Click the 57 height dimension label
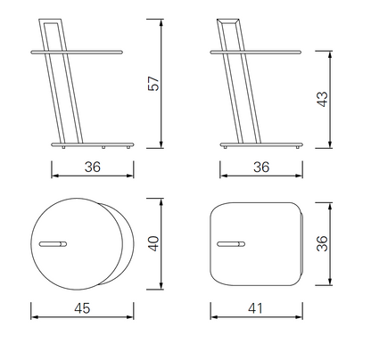pyautogui.click(x=153, y=84)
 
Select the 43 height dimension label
pyautogui.click(x=322, y=99)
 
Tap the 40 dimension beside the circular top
pyautogui.click(x=153, y=243)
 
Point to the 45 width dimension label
pyautogui.click(x=82, y=308)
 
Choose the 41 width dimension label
pyautogui.click(x=256, y=308)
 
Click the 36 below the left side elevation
pyautogui.click(x=93, y=167)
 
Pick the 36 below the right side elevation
pyautogui.click(x=261, y=167)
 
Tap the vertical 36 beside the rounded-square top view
pyautogui.click(x=322, y=243)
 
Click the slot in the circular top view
pyautogui.click(x=53, y=244)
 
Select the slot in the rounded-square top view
pyautogui.click(x=231, y=244)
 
